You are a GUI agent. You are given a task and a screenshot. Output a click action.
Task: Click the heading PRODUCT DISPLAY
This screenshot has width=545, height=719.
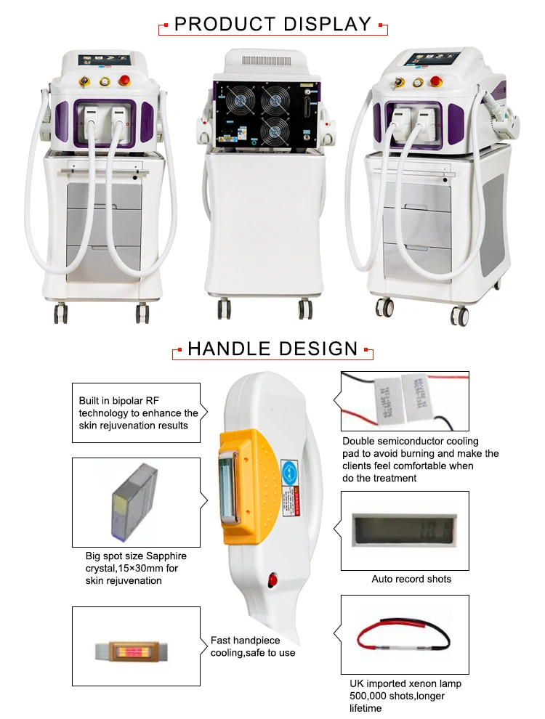(x=272, y=24)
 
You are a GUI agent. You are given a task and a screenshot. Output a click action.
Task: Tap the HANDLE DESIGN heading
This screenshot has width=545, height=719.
(x=272, y=348)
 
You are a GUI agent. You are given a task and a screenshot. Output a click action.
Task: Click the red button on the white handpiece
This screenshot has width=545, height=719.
(x=274, y=580)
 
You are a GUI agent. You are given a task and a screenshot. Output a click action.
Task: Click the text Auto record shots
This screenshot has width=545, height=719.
(x=411, y=579)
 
